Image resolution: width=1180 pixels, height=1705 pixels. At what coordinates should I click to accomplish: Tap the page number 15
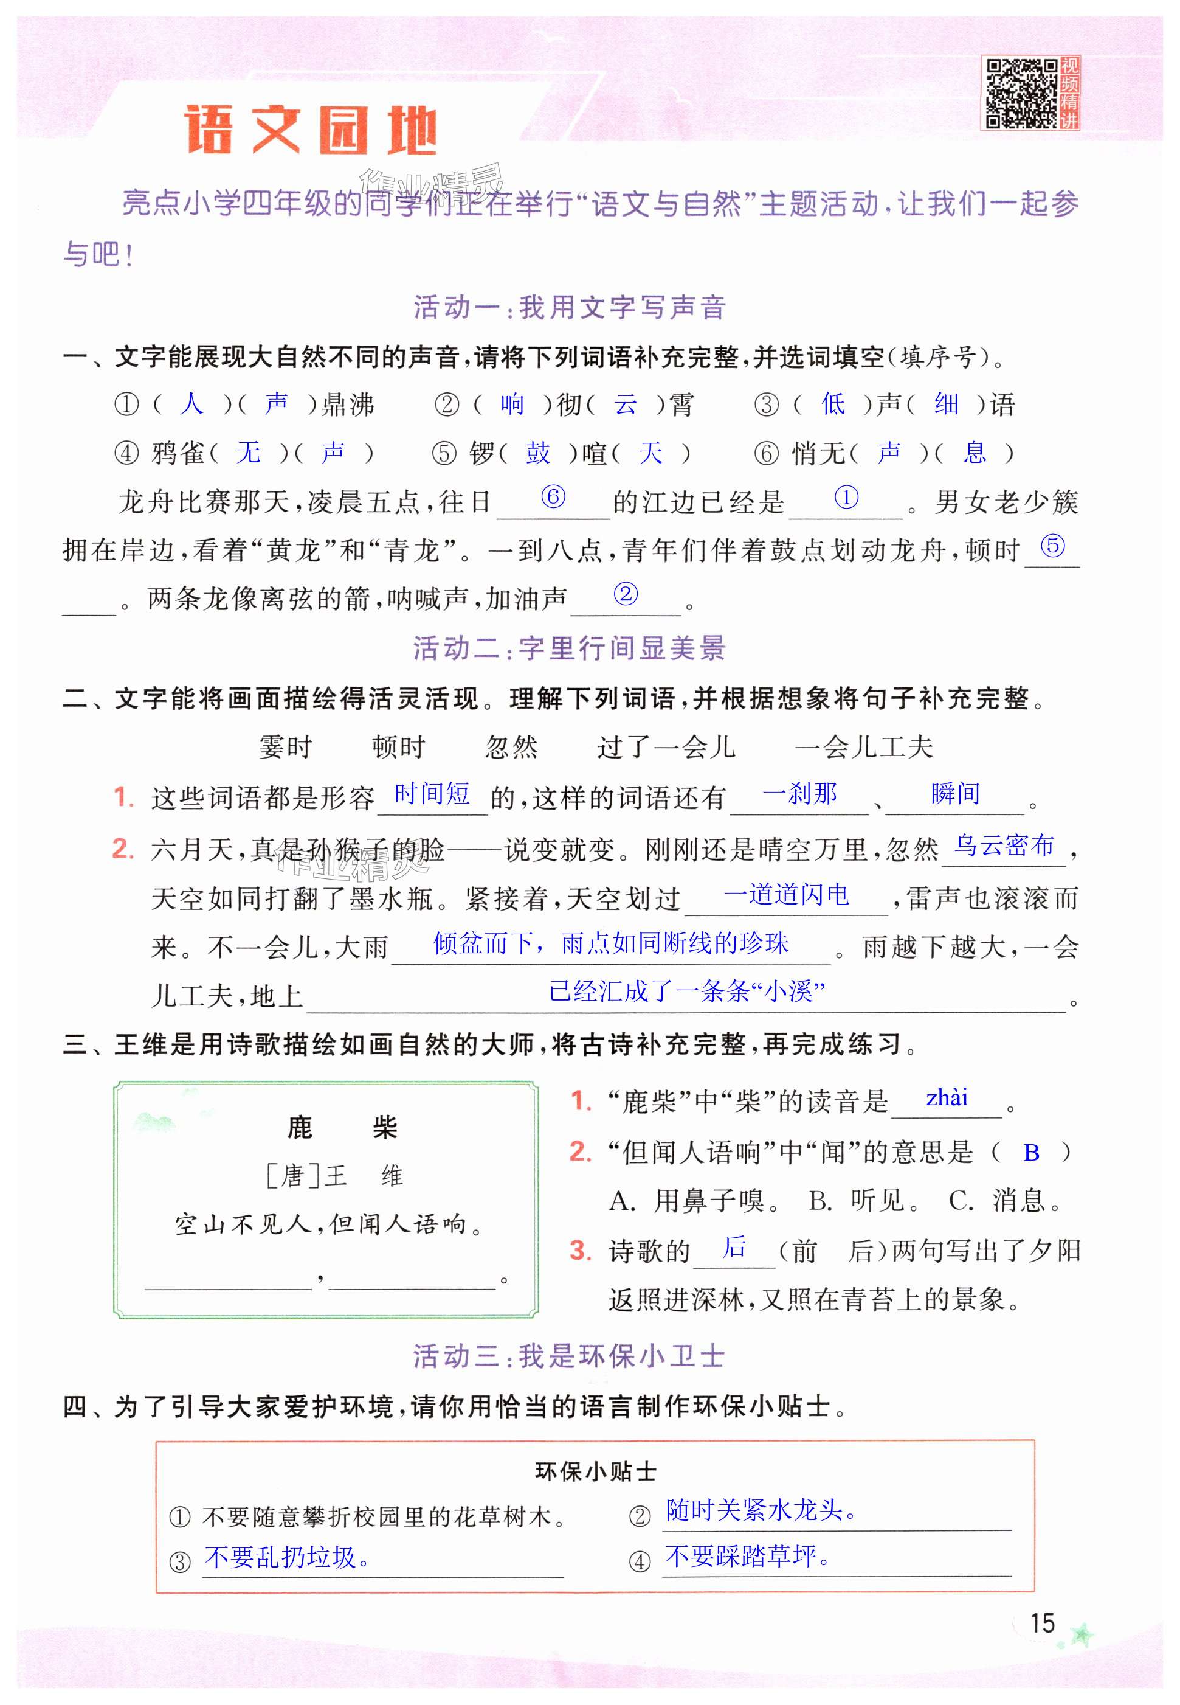click(1042, 1623)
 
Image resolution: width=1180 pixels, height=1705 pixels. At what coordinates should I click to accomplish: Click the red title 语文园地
click(311, 130)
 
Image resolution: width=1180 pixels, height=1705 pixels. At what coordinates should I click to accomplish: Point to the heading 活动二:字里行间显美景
click(569, 648)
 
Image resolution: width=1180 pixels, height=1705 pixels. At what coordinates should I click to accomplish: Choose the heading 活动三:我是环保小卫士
click(568, 1356)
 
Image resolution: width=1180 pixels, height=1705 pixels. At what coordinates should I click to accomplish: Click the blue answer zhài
click(947, 1098)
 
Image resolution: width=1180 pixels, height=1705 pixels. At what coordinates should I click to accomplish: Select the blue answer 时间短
click(432, 794)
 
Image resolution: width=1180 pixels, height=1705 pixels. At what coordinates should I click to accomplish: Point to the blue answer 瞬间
click(955, 794)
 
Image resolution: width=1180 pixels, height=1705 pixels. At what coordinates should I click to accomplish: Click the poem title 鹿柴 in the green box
click(342, 1128)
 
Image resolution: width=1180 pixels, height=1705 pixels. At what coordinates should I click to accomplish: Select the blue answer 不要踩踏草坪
click(747, 1557)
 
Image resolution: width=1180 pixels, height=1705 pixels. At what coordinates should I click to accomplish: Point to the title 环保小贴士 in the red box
click(595, 1471)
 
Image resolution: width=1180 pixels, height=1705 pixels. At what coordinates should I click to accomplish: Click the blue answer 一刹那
click(799, 794)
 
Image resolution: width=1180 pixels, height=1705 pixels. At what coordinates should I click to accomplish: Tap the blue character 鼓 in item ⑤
click(537, 453)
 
